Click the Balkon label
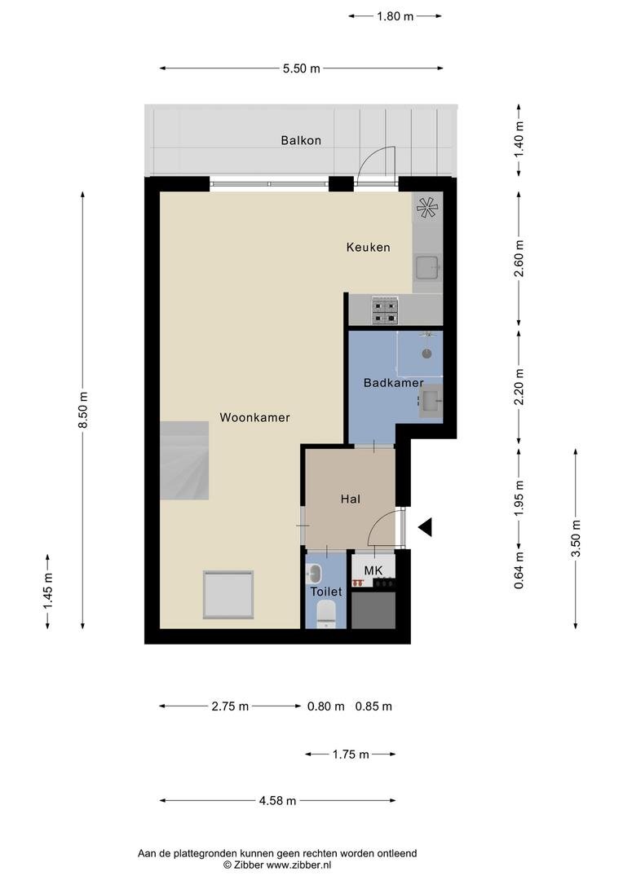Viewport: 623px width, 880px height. point(301,140)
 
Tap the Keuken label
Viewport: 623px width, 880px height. point(368,247)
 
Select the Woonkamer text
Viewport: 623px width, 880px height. point(254,417)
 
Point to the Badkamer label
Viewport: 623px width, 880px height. point(393,383)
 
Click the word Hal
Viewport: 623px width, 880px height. point(351,499)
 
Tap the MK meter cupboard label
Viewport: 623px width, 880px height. point(373,570)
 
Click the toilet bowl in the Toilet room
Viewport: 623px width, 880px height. point(326,613)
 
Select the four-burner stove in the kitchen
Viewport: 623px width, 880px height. point(386,311)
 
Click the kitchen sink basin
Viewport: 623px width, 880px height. point(427,267)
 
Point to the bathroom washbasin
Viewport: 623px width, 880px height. point(431,400)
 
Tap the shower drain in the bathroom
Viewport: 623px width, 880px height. point(427,354)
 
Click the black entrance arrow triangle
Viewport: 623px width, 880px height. point(425,526)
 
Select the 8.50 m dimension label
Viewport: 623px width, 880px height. point(83,410)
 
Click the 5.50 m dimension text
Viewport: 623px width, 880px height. point(302,68)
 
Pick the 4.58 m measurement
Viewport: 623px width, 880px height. point(277,801)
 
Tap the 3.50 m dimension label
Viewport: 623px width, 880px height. point(576,539)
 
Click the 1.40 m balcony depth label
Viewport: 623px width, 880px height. point(519,139)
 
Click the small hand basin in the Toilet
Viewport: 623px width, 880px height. point(314,574)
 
